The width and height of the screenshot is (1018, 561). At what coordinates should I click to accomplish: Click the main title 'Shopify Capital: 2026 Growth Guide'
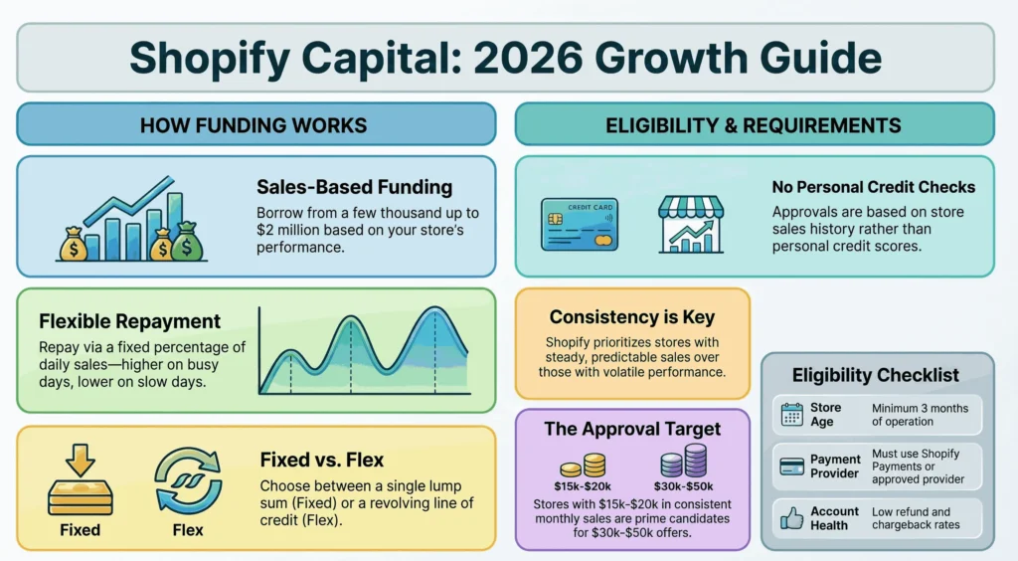pos(506,58)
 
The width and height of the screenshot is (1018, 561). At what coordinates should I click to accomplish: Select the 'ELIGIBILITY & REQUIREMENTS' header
pos(754,125)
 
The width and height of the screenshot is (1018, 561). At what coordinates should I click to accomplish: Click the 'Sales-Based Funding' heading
pos(354,187)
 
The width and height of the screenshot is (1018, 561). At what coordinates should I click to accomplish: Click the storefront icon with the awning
pos(692,225)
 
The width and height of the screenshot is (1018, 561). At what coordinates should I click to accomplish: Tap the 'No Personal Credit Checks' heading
pos(873,187)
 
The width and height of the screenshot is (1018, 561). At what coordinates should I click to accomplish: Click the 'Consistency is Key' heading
pos(631,317)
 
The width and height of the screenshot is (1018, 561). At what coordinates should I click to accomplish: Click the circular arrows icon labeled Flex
pos(188,482)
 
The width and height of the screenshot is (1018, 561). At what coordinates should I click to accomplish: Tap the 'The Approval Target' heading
pos(632,430)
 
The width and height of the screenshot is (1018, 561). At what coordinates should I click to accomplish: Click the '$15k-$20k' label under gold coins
pos(584,487)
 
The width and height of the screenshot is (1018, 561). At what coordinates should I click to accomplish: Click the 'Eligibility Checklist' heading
pos(875,375)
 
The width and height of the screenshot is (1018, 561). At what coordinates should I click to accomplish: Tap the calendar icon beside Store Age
pos(792,415)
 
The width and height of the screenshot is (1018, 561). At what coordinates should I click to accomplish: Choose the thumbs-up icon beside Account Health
pos(792,517)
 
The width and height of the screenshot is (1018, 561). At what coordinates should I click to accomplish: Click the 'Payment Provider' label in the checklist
pos(834,467)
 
